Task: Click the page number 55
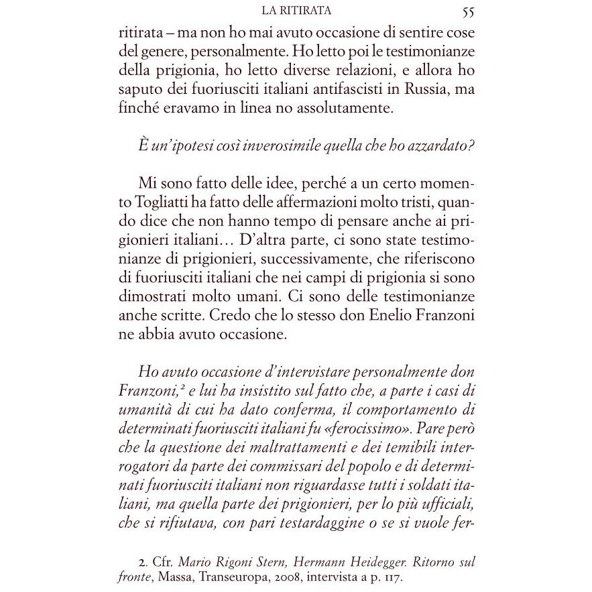tap(468, 11)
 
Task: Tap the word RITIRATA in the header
tap(313, 11)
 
